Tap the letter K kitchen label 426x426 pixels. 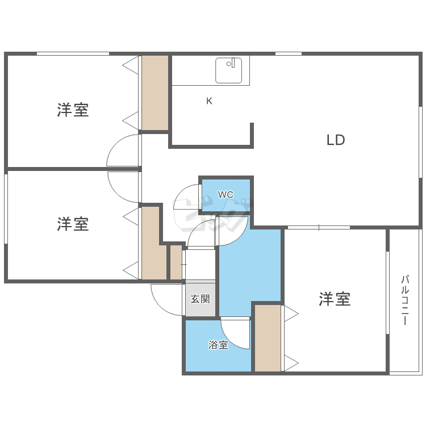tap(209, 101)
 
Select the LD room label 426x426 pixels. tap(336, 140)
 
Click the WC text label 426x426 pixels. tap(225, 195)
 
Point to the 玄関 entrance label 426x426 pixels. tap(200, 299)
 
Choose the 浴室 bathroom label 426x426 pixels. tap(218, 345)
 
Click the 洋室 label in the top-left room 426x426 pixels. tap(73, 110)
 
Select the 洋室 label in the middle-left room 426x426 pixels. tap(73, 224)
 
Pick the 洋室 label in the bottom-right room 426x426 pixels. tap(334, 299)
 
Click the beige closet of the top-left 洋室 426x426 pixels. tap(155, 93)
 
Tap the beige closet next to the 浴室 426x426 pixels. tap(268, 339)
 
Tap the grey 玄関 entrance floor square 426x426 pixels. tap(200, 299)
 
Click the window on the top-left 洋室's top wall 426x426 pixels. tap(73, 54)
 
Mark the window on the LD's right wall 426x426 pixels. tap(420, 142)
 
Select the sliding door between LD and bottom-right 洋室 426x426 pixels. tap(318, 228)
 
